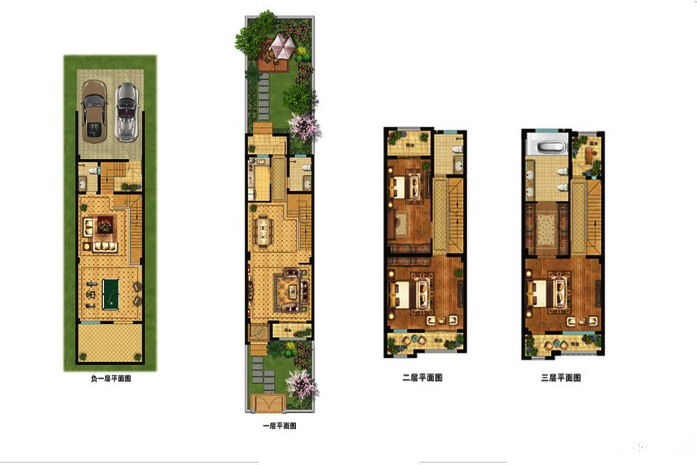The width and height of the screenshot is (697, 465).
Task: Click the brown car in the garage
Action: [x=94, y=111]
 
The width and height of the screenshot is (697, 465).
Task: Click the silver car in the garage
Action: [x=127, y=112]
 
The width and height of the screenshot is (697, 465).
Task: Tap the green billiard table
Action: [x=110, y=293]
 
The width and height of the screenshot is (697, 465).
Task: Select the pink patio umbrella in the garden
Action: [x=282, y=46]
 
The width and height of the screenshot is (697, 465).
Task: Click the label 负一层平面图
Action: [x=111, y=379]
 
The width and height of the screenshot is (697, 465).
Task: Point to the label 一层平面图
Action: [x=280, y=426]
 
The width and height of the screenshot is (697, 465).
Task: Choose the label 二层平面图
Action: [x=422, y=378]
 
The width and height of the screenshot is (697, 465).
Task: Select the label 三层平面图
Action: [x=561, y=378]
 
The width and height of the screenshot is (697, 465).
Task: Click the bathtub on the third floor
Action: [x=547, y=147]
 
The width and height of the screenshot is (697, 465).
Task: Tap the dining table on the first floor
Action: [x=264, y=231]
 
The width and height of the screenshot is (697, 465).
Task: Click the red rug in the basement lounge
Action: [x=105, y=225]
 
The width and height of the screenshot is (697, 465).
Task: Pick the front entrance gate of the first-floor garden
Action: [x=268, y=403]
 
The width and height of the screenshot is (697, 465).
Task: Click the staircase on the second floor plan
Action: [x=455, y=215]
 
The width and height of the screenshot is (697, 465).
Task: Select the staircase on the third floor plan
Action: [x=594, y=217]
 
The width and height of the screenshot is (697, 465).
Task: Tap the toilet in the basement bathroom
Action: [x=93, y=170]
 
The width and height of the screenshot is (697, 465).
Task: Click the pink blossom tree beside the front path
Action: [x=302, y=385]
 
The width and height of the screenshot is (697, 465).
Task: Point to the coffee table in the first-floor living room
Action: [x=293, y=292]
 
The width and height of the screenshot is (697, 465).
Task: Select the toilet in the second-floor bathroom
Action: [x=457, y=150]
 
